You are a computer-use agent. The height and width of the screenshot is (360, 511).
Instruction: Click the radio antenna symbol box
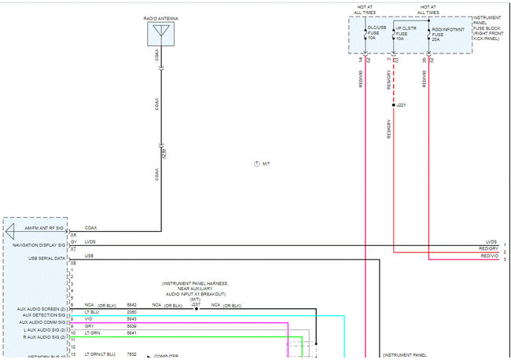tap(160, 34)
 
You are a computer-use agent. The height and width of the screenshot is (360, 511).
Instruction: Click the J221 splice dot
tap(394, 104)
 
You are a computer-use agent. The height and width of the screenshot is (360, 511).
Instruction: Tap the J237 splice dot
tap(197, 309)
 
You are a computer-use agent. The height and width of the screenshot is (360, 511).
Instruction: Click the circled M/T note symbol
tap(257, 163)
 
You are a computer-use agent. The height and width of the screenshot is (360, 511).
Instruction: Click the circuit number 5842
tap(131, 305)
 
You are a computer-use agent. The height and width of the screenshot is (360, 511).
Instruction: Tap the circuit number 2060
tap(131, 312)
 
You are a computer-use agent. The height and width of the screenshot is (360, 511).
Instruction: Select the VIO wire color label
tap(89, 319)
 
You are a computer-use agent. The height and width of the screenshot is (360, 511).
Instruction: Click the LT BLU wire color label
tap(91, 312)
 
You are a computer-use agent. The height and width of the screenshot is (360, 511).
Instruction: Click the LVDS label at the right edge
tap(491, 242)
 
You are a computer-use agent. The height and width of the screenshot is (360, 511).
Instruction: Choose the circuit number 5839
tap(131, 325)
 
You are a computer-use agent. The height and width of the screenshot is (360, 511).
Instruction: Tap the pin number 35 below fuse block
tap(424, 59)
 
